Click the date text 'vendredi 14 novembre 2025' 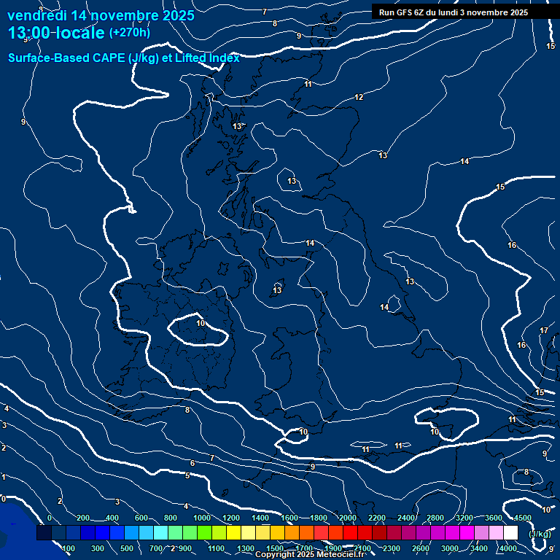tap(101, 15)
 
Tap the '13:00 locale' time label tap(57, 33)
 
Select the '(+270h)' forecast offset tap(130, 33)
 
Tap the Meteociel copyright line tap(309, 555)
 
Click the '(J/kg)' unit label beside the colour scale tap(539, 534)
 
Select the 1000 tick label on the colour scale tap(201, 518)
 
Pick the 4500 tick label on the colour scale tap(522, 518)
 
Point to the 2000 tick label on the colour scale tap(348, 518)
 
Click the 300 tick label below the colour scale tap(98, 548)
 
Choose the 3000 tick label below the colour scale tap(450, 548)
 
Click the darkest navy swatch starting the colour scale tap(44, 533)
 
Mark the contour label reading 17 tap(544, 331)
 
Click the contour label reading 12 tap(359, 98)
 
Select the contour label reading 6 tap(192, 464)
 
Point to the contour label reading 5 tap(187, 476)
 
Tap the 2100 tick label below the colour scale tap(362, 548)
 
